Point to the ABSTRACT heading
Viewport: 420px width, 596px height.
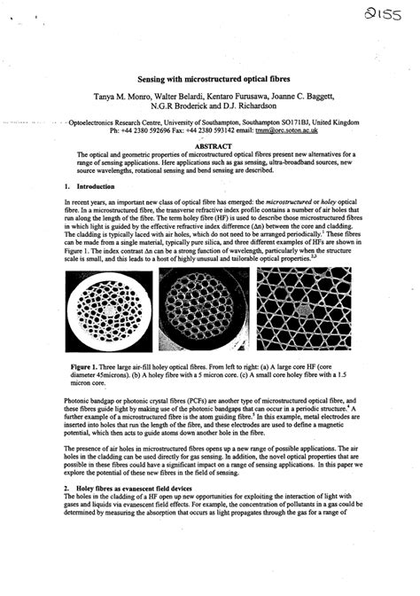pos(210,146)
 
